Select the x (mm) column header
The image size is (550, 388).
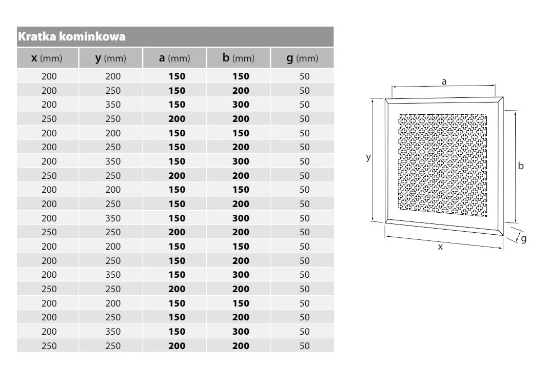pos(47,58)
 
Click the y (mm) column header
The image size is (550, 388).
pos(110,58)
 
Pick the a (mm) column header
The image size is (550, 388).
pos(174,58)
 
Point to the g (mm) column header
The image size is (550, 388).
pos(302,58)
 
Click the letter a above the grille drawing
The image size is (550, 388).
pos(444,81)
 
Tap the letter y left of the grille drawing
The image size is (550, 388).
pos(368,157)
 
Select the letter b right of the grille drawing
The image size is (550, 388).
pos(521,166)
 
